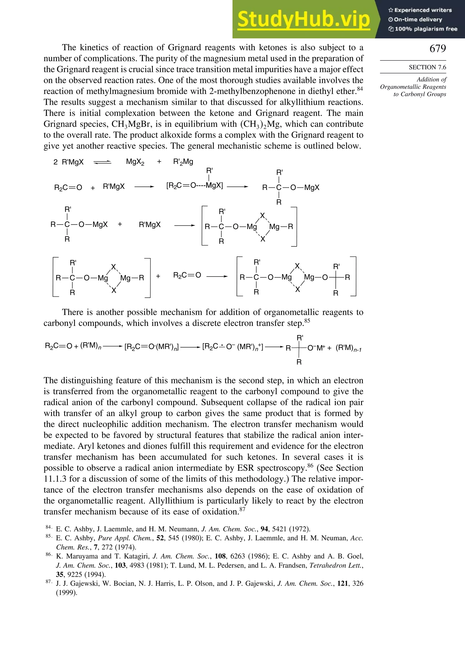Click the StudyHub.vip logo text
pos(304,19)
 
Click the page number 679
pos(438,48)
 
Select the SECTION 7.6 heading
pos(427,67)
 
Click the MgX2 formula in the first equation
pos(135,162)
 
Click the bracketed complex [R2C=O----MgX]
pos(194,186)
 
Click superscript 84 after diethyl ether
pos(360,89)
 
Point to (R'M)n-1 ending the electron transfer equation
pos(348,348)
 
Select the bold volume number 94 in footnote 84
pos(264,529)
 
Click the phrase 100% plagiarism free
pos(426,29)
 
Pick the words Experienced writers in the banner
pos(423,10)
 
